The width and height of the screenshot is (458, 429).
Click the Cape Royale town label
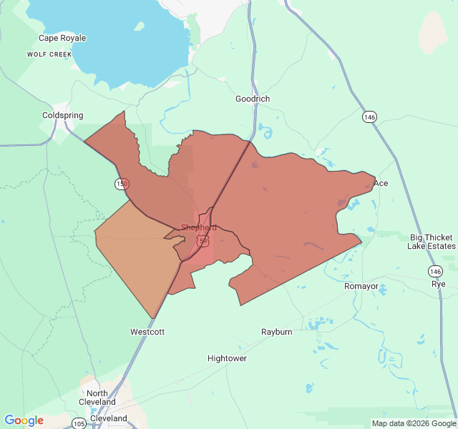pyautogui.click(x=62, y=38)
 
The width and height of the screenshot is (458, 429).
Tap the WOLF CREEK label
pyautogui.click(x=50, y=54)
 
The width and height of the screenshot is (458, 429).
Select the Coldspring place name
pyautogui.click(x=63, y=115)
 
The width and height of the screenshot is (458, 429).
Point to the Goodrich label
pyautogui.click(x=253, y=99)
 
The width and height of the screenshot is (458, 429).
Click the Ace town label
pyautogui.click(x=381, y=184)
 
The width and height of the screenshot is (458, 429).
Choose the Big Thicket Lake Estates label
pyautogui.click(x=432, y=242)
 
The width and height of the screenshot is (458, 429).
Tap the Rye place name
pyautogui.click(x=438, y=284)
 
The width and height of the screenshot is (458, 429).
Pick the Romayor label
pyautogui.click(x=361, y=286)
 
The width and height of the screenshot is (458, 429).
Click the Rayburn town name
pyautogui.click(x=276, y=332)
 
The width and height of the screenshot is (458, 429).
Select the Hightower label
pyautogui.click(x=227, y=358)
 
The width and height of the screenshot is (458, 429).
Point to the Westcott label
pyautogui.click(x=147, y=332)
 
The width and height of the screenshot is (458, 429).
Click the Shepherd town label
pyautogui.click(x=199, y=227)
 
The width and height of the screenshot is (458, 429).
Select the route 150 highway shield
pyautogui.click(x=122, y=184)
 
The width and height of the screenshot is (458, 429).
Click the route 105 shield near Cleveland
pyautogui.click(x=79, y=424)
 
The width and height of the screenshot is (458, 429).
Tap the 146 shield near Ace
pyautogui.click(x=369, y=117)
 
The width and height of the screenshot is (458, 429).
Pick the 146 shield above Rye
pyautogui.click(x=435, y=271)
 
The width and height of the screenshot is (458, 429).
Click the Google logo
pyautogui.click(x=24, y=420)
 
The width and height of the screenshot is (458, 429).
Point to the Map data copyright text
pyautogui.click(x=414, y=423)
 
